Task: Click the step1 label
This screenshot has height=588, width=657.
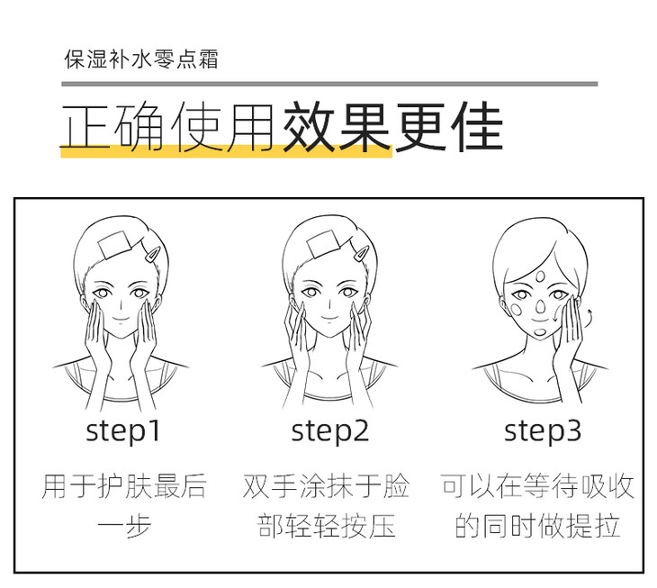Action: tap(122, 431)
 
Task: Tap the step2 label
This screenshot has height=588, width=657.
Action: tap(329, 431)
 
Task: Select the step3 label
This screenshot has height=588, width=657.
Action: tap(543, 431)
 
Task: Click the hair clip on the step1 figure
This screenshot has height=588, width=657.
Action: tap(152, 254)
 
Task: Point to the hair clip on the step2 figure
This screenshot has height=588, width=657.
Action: tap(361, 254)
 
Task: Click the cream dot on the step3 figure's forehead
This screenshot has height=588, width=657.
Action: tap(541, 276)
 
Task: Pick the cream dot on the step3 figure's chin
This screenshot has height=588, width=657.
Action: tap(540, 332)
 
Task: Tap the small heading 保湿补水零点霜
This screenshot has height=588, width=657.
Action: tap(141, 59)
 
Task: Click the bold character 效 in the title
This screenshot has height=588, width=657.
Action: tap(309, 126)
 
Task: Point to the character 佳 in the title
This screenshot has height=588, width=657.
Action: tap(477, 126)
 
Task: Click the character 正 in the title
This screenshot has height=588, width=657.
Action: tap(85, 126)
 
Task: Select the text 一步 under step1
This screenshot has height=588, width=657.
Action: tap(124, 525)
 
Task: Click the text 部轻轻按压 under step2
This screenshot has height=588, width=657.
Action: tap(327, 525)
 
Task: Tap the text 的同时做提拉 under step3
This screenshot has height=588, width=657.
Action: tap(538, 525)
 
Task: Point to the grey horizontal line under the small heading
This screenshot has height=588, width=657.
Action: tap(329, 84)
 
